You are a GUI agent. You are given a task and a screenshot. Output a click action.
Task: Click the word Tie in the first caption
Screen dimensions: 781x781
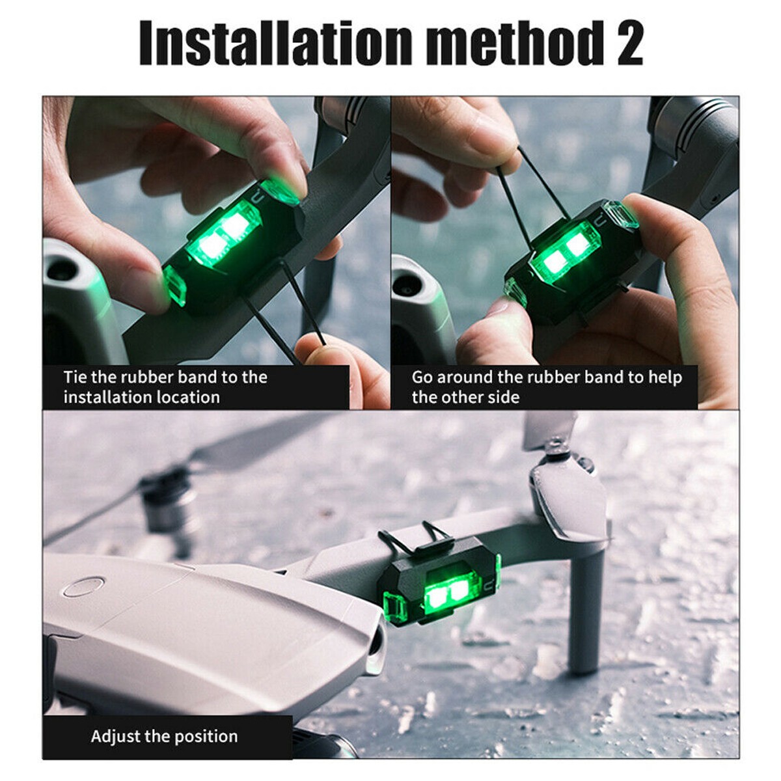click(75, 377)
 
